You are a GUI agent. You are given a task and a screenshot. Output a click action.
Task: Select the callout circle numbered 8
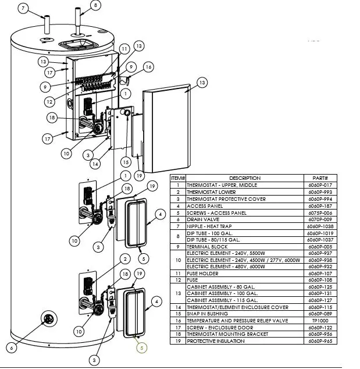click(95, 6)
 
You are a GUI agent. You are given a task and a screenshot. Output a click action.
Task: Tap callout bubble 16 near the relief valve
click(148, 68)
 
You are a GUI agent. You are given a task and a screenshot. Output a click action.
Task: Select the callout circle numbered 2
click(124, 258)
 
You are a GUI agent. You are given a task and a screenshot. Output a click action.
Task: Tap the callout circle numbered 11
click(123, 49)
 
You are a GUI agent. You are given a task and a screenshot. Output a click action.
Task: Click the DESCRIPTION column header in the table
click(245, 178)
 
